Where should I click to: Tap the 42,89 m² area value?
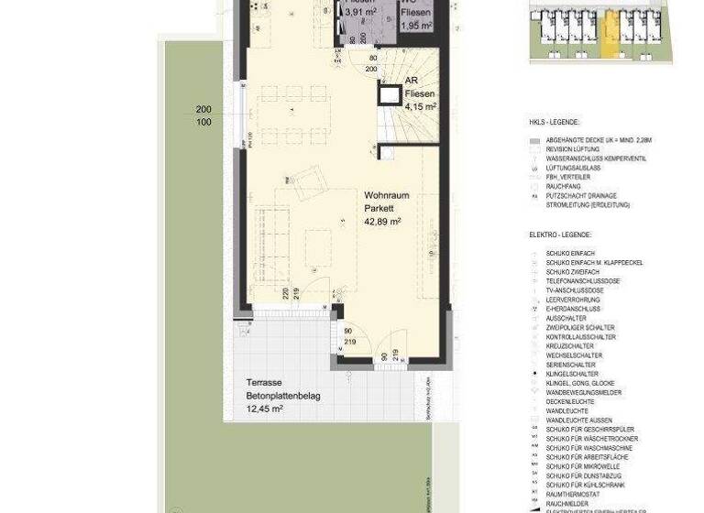click(384, 222)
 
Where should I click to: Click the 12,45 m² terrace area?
click(264, 409)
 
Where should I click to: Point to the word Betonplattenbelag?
click(283, 396)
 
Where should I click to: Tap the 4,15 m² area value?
click(420, 106)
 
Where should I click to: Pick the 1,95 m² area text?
click(416, 23)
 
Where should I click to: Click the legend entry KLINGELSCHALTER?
click(574, 374)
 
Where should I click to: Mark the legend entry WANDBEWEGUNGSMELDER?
click(583, 392)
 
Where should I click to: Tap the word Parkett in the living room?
click(379, 208)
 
